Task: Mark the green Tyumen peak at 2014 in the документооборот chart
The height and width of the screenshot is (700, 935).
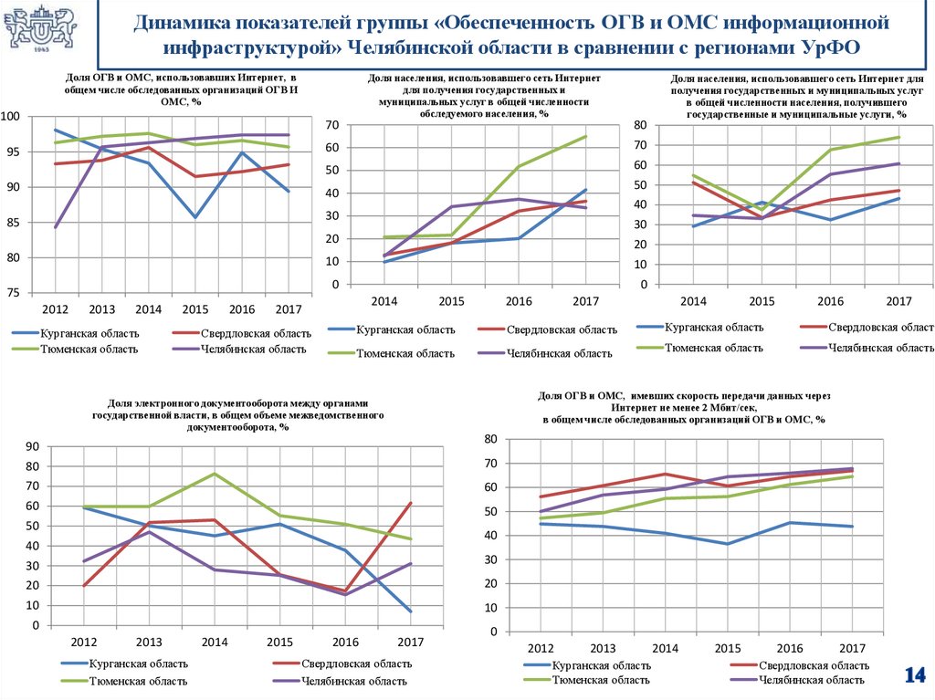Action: point(214,474)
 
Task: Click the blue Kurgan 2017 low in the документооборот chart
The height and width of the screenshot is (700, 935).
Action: point(410,611)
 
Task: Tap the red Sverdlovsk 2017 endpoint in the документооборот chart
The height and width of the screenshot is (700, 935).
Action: point(410,503)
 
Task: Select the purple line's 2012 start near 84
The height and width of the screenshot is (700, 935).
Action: point(56,227)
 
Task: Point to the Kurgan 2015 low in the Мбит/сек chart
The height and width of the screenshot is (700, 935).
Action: point(727,544)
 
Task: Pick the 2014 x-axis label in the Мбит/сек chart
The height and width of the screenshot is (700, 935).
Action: point(664,649)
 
